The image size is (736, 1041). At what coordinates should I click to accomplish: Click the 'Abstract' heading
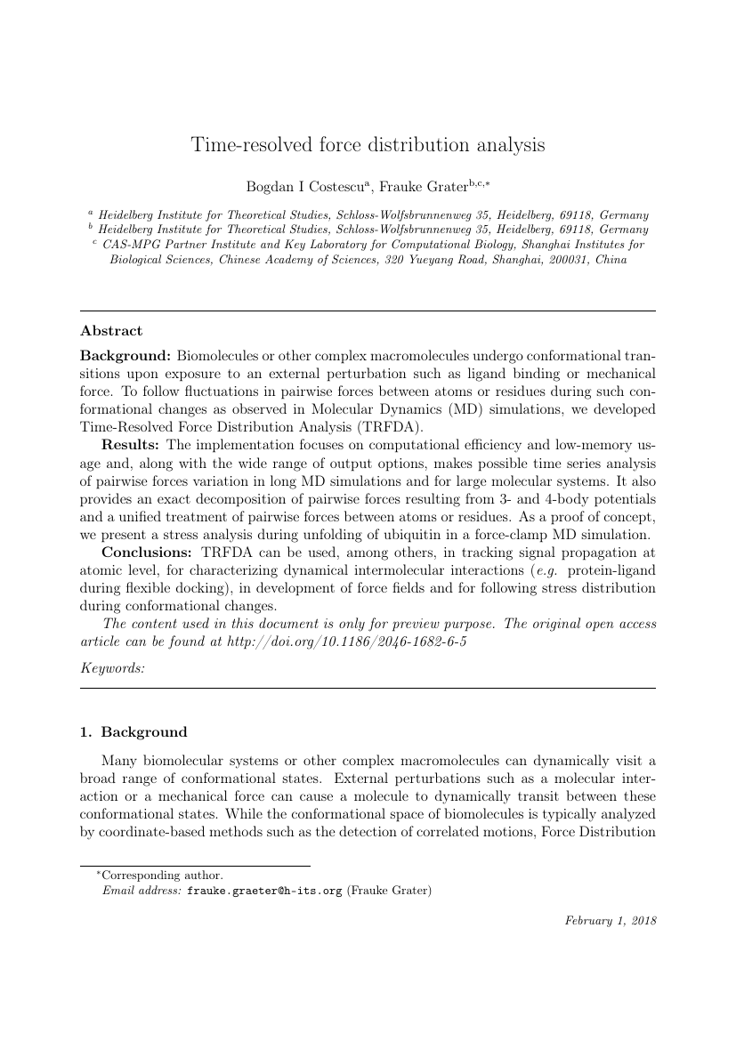(x=111, y=331)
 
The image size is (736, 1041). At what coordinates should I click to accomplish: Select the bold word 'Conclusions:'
(x=147, y=552)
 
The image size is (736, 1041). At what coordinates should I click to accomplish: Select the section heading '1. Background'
(x=133, y=732)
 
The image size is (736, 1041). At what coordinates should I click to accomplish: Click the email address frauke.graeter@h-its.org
(x=264, y=890)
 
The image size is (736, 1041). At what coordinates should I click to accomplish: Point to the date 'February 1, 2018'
(x=611, y=921)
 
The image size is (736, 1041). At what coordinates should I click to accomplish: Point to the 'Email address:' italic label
(x=142, y=890)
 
